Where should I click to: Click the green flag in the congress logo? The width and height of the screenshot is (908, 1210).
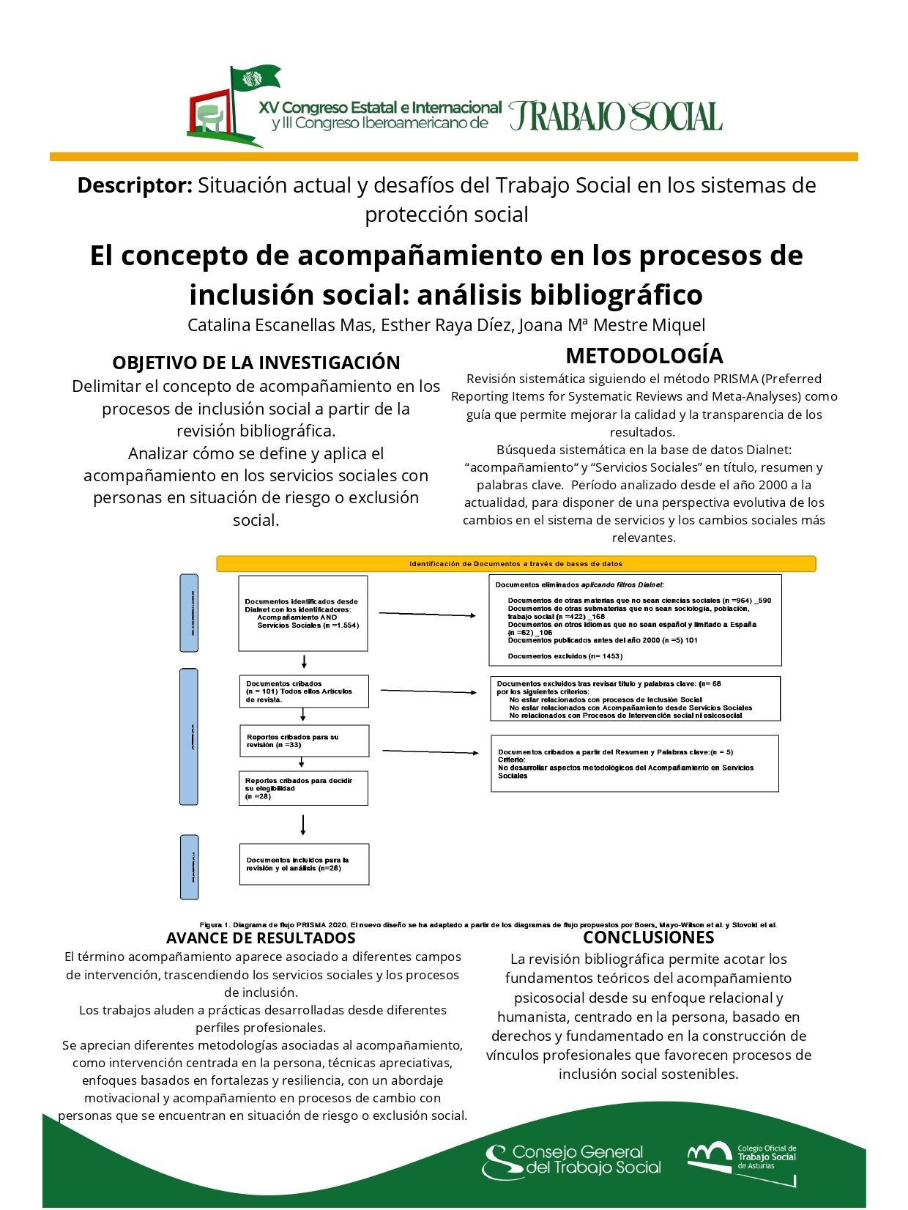click(x=255, y=78)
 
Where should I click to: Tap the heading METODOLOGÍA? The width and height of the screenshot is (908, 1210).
click(x=644, y=356)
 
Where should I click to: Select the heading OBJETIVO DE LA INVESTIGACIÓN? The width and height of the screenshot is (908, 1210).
click(x=256, y=363)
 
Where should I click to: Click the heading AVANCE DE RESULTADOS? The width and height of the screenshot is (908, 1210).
click(x=261, y=938)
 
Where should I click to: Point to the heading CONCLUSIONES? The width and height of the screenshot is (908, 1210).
click(x=648, y=938)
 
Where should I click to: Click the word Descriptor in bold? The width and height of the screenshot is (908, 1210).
click(x=135, y=185)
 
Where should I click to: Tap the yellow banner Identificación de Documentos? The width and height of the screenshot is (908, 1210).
click(x=516, y=564)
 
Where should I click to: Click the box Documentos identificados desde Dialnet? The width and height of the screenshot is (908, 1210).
click(x=303, y=614)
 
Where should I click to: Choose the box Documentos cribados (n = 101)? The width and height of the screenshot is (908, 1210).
click(x=303, y=691)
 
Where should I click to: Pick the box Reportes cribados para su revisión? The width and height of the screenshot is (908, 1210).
click(x=304, y=741)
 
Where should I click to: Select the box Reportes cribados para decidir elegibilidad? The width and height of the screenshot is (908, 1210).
click(x=303, y=789)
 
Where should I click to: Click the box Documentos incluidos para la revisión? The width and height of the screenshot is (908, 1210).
click(x=304, y=864)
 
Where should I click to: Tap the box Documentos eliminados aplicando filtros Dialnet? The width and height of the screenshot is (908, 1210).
click(x=635, y=620)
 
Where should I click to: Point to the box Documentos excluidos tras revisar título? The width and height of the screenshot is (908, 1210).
click(x=635, y=699)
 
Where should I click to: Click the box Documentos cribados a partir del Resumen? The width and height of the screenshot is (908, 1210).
click(x=635, y=764)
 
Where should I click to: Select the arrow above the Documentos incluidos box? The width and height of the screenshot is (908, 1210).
click(x=303, y=825)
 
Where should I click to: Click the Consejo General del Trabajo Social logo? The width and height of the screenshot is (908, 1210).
click(x=572, y=1161)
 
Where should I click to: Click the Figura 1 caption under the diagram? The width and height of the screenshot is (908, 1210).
click(x=488, y=925)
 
